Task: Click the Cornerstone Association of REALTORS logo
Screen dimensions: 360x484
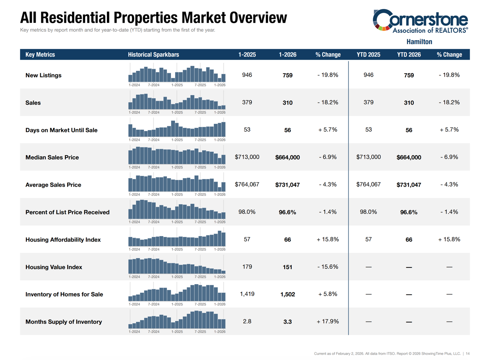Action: point(420,21)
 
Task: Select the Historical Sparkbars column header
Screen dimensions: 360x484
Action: point(153,55)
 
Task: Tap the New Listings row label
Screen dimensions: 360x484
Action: point(43,75)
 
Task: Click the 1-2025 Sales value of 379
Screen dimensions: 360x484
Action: point(247,103)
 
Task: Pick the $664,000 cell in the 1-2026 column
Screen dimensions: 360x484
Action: point(287,158)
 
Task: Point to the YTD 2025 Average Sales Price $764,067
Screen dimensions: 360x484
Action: point(368,185)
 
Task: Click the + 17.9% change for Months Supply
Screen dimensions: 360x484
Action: point(328,321)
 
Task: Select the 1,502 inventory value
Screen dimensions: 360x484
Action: point(287,295)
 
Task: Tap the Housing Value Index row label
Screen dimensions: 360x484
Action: point(53,267)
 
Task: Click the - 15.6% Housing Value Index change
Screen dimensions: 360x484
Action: point(328,267)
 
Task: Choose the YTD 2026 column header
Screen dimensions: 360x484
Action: point(409,55)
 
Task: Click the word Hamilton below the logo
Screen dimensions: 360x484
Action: point(419,41)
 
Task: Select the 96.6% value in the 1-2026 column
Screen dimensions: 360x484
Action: point(287,212)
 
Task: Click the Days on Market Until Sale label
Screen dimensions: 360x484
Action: point(61,130)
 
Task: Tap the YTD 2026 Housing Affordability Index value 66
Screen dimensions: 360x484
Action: point(409,240)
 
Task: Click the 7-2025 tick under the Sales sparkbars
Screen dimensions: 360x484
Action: point(200,112)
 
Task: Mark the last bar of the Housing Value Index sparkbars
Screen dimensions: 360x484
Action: point(223,272)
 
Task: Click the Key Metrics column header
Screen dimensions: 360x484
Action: point(40,55)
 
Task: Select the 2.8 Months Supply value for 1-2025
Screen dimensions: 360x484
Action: point(247,321)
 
